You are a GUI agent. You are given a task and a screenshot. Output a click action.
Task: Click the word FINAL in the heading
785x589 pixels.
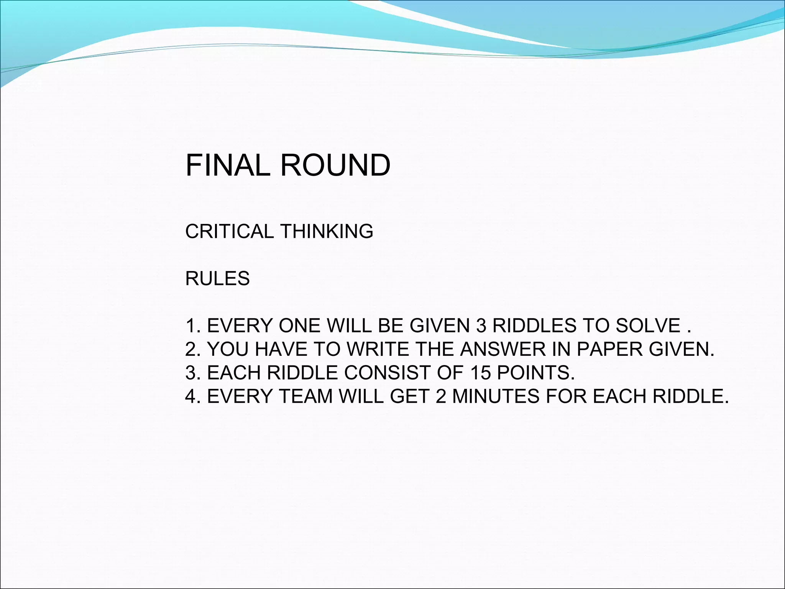228,165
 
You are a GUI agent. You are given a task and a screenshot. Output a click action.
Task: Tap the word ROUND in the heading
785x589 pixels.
335,165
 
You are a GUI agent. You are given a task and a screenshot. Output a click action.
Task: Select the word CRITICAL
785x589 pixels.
228,232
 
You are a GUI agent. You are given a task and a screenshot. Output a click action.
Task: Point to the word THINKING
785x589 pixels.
327,232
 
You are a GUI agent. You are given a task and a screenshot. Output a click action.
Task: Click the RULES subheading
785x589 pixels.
217,278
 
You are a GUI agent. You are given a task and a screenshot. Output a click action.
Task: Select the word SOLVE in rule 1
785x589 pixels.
648,326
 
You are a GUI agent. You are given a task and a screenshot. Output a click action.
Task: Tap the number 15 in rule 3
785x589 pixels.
481,372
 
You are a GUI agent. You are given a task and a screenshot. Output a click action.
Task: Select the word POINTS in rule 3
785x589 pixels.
536,372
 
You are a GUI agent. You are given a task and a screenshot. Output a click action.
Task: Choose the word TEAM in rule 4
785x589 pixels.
305,396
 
